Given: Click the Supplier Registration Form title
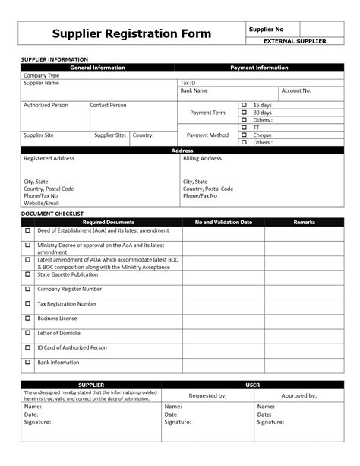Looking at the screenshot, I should tap(131, 34).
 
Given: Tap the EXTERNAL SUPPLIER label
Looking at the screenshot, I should tap(294, 40).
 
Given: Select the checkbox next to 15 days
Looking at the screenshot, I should tap(245, 105).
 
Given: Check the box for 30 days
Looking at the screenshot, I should tap(245, 113).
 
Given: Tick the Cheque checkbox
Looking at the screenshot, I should tap(245, 135).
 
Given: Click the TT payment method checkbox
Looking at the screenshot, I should tap(245, 127).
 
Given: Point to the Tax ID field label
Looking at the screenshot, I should tap(188, 83).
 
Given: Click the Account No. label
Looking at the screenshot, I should tap(296, 90).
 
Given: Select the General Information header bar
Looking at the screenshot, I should tap(98, 68).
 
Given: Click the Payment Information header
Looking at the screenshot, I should tap(260, 68).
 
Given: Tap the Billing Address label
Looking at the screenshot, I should tap(202, 159).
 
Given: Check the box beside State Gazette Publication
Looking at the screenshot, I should tap(28, 274).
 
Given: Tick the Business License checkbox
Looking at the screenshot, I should tap(28, 319).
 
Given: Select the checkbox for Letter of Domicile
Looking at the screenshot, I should tap(28, 333).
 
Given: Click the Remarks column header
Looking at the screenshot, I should tap(304, 222).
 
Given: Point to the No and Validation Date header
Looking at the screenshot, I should tap(223, 222).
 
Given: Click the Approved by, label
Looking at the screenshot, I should tap(298, 396).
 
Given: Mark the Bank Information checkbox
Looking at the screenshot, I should tap(28, 363).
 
